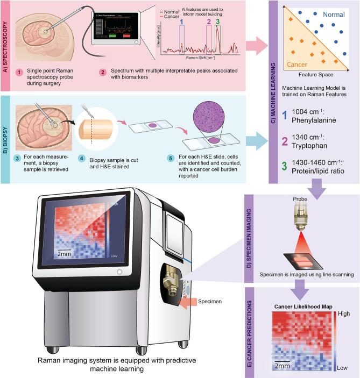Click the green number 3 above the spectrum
click(218, 22)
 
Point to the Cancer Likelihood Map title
click(302, 307)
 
